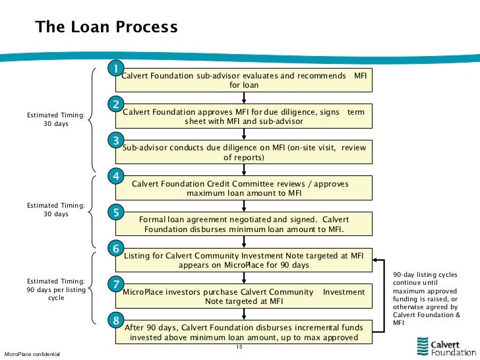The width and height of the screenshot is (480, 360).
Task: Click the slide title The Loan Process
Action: pos(106,28)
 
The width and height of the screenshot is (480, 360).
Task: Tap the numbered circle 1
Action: pos(115,69)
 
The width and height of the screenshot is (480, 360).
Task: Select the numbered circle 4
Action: pos(115,176)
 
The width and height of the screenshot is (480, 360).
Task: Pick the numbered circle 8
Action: pos(115,320)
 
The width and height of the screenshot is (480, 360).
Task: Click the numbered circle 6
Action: pos(115,249)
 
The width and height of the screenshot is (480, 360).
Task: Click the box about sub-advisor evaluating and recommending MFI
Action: pos(244,80)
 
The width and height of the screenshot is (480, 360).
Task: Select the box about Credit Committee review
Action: pos(244,188)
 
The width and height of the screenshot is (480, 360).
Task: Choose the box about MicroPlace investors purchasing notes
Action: pos(244,296)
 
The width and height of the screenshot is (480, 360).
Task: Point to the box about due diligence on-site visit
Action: pos(244,152)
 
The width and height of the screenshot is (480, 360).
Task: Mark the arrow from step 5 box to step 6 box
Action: pos(244,241)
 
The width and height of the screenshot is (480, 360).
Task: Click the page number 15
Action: pos(240,347)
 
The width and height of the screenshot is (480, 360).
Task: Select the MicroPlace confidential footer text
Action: pos(32,355)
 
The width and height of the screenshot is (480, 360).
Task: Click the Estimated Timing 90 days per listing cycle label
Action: pos(56,289)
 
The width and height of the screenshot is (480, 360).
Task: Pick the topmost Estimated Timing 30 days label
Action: pos(56,119)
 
